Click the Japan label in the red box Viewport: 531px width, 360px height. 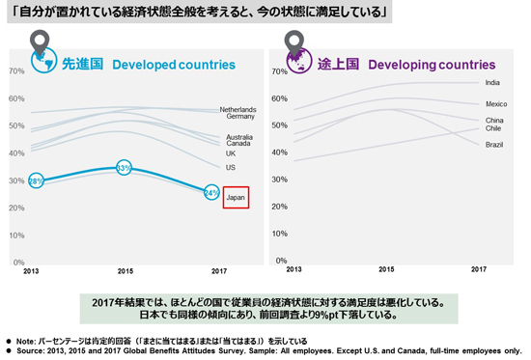tap(237, 197)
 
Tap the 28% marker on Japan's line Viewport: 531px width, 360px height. tap(36, 180)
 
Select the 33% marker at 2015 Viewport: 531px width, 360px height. tap(124, 168)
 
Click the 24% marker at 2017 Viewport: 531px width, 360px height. tap(211, 192)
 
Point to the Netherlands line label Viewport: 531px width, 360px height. tap(238, 109)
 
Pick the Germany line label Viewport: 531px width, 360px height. tap(239, 117)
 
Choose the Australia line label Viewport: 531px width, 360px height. tap(239, 136)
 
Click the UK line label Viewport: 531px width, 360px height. tap(231, 153)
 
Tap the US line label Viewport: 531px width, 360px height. tap(230, 168)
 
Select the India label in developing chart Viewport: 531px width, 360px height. tap(492, 83)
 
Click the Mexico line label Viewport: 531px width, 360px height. tap(496, 103)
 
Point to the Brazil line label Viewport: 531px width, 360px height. tap(494, 144)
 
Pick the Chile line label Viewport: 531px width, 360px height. tap(492, 128)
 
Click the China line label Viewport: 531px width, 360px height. tap(494, 120)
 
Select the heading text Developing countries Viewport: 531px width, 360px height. tap(431, 65)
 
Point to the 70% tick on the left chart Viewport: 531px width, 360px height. tap(15, 71)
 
